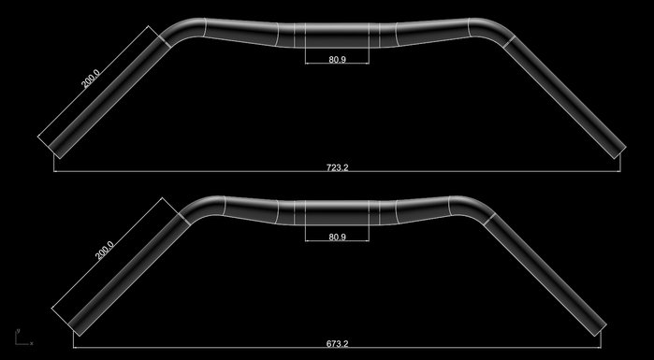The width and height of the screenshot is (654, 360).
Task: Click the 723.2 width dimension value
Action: pos(338,167)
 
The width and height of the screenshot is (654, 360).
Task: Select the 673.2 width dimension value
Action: pos(338,344)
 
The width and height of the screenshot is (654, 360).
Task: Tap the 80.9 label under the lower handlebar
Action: pos(338,238)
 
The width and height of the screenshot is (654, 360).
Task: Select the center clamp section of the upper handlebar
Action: pos(337,35)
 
